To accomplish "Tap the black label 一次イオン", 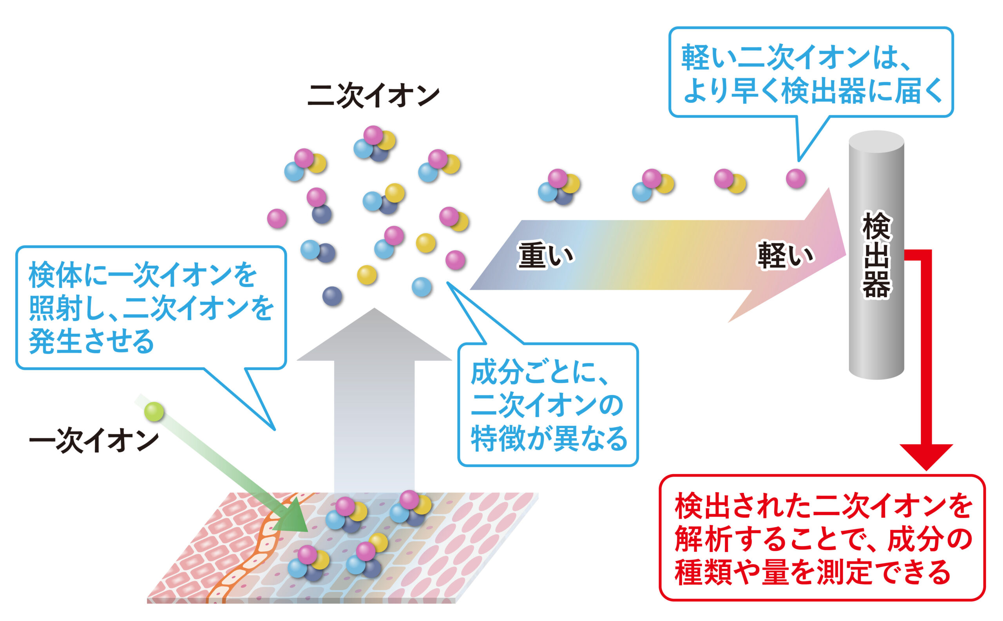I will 94,441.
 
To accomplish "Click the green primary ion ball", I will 154,412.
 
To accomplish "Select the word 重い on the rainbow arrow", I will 545,255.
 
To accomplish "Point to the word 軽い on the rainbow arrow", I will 785,255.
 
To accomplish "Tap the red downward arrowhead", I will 926,455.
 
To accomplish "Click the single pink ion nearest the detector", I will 795,179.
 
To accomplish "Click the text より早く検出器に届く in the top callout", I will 812,91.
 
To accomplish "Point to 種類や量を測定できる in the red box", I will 813,572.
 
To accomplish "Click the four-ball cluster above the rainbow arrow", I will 559,187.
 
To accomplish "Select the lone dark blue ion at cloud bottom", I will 332,296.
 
